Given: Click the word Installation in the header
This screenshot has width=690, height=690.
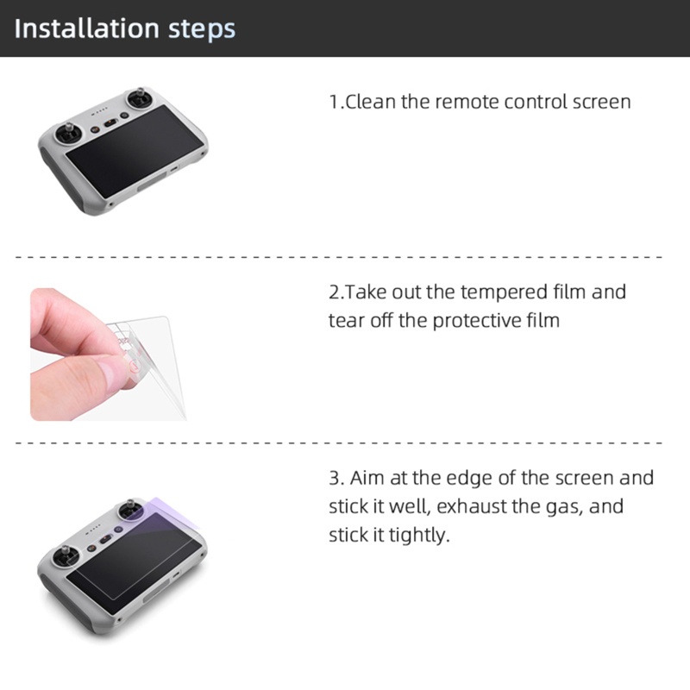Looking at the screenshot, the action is (x=87, y=28).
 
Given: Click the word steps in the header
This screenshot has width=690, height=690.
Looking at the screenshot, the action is (x=202, y=30).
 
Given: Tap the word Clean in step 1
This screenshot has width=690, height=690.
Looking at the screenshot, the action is (x=371, y=102).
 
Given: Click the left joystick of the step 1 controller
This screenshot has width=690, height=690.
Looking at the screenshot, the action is (x=68, y=133).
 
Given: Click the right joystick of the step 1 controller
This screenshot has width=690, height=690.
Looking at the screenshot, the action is (x=141, y=98).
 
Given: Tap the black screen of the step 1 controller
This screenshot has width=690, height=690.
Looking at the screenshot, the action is (x=135, y=151).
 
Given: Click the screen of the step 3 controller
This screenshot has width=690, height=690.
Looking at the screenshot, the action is (x=135, y=570).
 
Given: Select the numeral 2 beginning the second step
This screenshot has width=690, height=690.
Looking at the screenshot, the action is (x=334, y=293).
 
